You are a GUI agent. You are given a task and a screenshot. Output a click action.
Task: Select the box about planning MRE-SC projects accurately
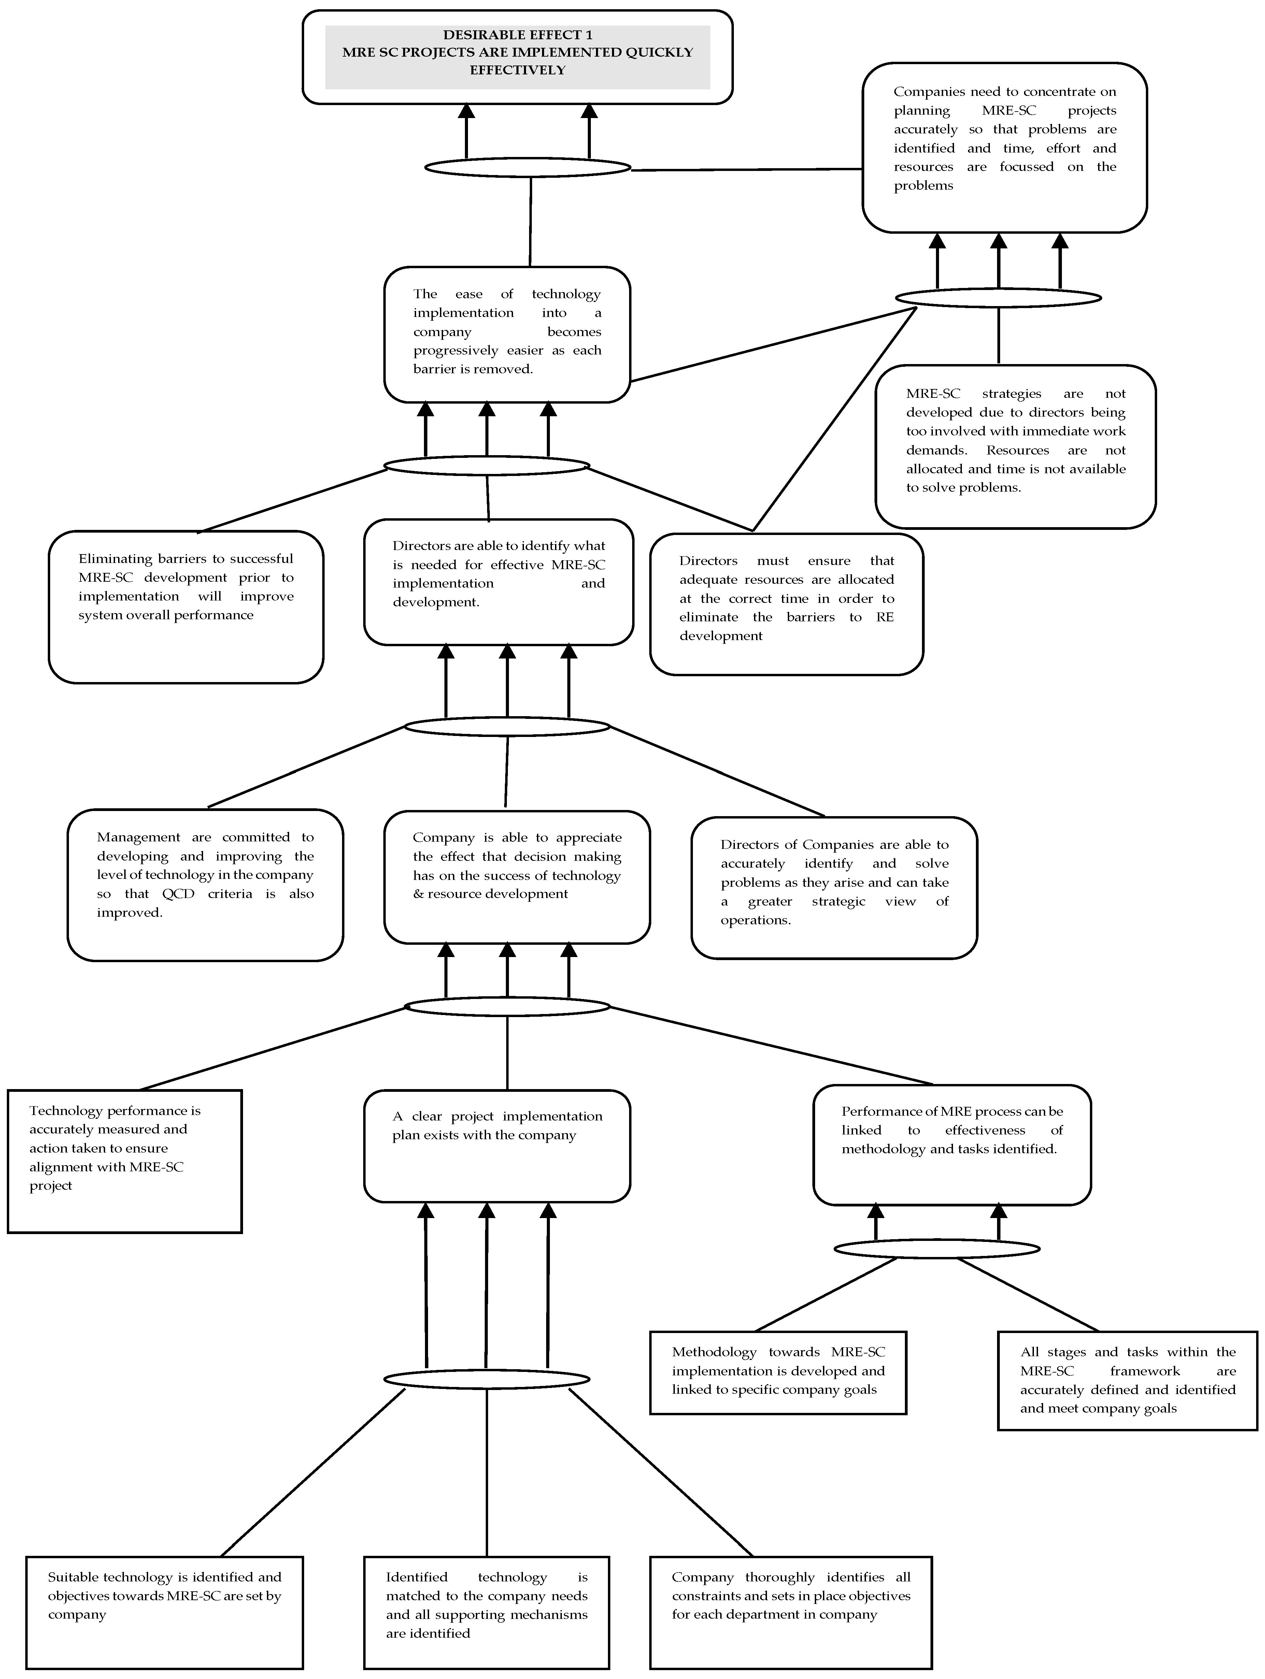(x=1005, y=147)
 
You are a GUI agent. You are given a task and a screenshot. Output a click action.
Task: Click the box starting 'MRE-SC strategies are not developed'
(x=1015, y=446)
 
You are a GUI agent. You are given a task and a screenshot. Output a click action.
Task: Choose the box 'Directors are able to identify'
(x=499, y=582)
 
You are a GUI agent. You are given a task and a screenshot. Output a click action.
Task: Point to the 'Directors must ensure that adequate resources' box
(x=787, y=604)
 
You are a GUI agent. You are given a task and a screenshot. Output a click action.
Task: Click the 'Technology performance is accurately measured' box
(x=125, y=1161)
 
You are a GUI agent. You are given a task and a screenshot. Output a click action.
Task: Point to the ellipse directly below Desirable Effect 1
(x=528, y=167)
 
